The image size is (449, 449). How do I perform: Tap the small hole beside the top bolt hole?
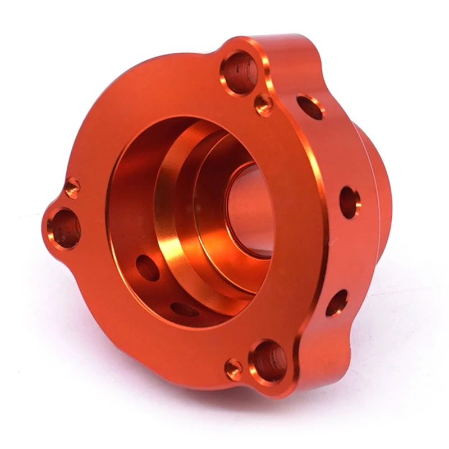[x=263, y=104]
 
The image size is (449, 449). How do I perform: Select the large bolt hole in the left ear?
[x=64, y=228]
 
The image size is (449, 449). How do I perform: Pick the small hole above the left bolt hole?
[x=72, y=187]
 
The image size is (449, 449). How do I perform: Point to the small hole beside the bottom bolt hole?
[x=233, y=369]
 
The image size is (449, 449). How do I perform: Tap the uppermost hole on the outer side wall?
[x=310, y=107]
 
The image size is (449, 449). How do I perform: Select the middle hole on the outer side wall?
[x=349, y=202]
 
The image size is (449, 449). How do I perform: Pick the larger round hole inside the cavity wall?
[x=148, y=267]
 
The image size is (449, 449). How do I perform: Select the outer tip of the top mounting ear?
[x=247, y=42]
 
